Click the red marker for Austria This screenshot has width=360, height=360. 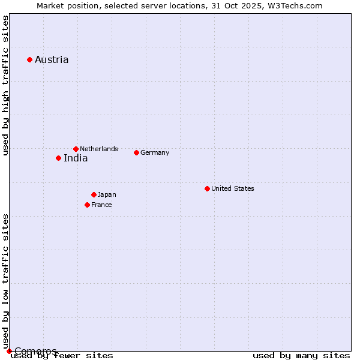[x=29, y=59]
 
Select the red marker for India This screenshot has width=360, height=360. [x=58, y=158]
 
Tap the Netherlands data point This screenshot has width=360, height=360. [x=76, y=149]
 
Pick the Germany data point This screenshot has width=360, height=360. [x=136, y=152]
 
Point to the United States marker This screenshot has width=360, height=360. [x=207, y=188]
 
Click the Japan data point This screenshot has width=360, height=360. [x=94, y=194]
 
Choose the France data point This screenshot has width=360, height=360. [x=87, y=205]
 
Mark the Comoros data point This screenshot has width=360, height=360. [x=9, y=351]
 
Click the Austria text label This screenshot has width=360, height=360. [x=52, y=59]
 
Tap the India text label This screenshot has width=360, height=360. [x=76, y=158]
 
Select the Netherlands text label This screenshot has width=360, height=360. [x=99, y=149]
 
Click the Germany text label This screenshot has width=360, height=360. [x=155, y=152]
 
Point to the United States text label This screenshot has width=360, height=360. [x=233, y=188]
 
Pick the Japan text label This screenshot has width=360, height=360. [x=107, y=194]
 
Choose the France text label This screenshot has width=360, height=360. [x=101, y=205]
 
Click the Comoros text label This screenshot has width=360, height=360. [x=35, y=351]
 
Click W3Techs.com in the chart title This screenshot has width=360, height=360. [x=293, y=5]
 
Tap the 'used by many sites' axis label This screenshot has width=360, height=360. [x=301, y=355]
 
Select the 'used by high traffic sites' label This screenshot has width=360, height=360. [x=5, y=85]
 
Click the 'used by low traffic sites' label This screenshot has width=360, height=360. [x=5, y=281]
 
